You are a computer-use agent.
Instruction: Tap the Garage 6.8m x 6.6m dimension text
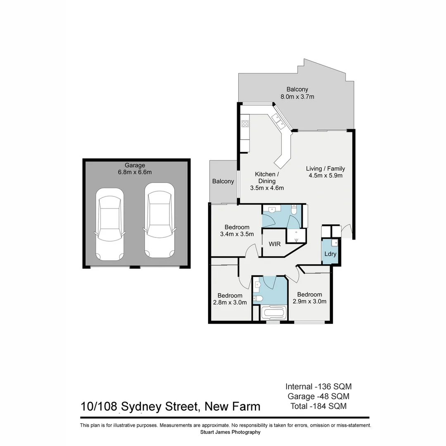click(x=135, y=172)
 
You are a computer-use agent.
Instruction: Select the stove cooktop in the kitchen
click(x=245, y=123)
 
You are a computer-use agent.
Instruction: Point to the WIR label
click(x=275, y=244)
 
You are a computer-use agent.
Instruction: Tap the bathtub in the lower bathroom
click(x=274, y=313)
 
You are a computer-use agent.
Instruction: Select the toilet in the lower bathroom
click(x=258, y=298)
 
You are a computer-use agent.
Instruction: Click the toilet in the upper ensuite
click(x=294, y=211)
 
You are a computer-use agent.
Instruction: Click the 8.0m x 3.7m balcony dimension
click(x=297, y=97)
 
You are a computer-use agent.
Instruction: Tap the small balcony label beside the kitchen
click(x=223, y=181)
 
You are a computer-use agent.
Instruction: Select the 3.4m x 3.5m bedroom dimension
click(x=237, y=234)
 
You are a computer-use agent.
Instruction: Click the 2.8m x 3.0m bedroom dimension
click(x=230, y=302)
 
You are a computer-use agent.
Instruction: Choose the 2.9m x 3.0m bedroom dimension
click(x=309, y=301)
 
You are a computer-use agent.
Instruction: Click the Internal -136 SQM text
click(x=318, y=387)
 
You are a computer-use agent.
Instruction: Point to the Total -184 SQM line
click(x=318, y=406)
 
